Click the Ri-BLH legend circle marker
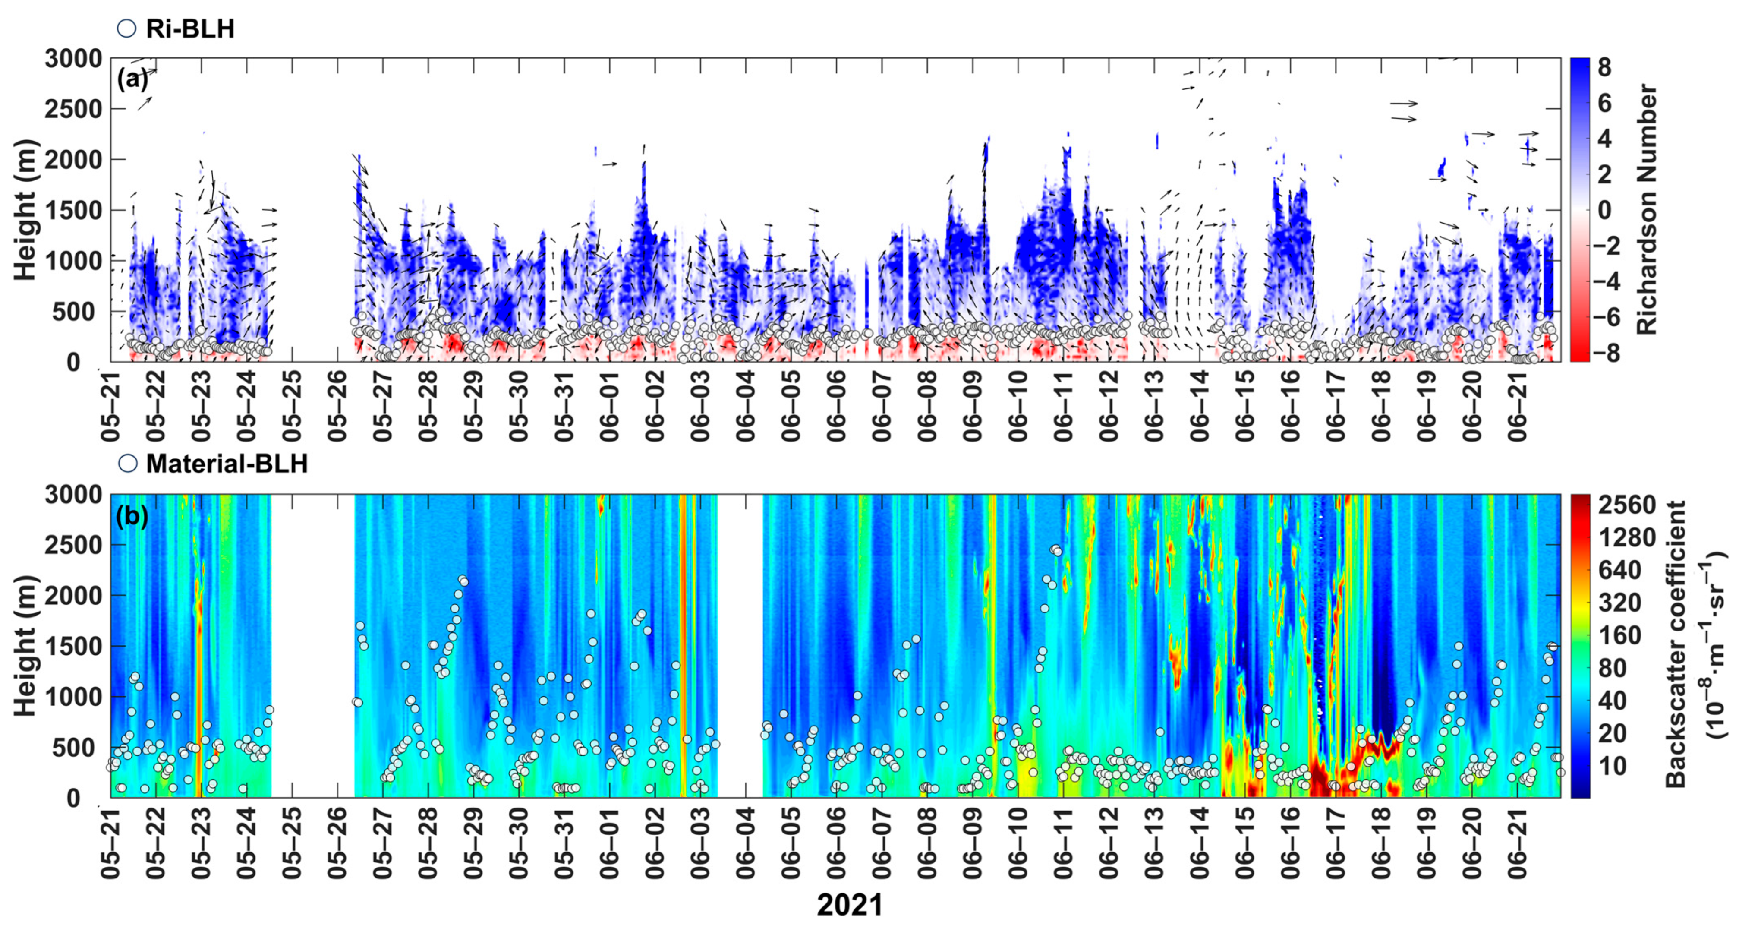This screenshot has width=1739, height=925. pyautogui.click(x=126, y=28)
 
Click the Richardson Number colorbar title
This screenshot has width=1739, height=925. pyautogui.click(x=1647, y=209)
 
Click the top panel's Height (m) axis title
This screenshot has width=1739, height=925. pyautogui.click(x=25, y=209)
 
